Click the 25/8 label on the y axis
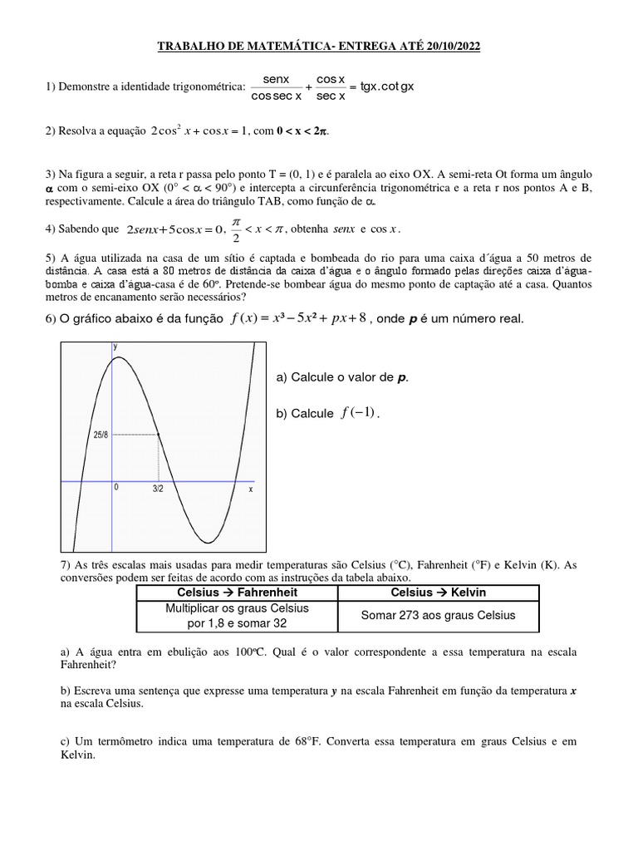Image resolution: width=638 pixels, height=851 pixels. tap(100, 435)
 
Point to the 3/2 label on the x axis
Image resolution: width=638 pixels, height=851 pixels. tap(158, 489)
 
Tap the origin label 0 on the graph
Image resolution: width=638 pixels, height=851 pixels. tap(117, 489)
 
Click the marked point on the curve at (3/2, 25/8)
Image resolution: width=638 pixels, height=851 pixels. tap(159, 435)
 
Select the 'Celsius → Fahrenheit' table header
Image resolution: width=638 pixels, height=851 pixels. tap(237, 593)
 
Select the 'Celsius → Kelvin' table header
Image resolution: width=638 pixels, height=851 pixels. tap(438, 593)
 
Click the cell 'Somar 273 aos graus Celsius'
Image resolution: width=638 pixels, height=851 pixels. tap(438, 616)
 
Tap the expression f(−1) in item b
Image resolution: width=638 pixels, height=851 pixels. tap(358, 414)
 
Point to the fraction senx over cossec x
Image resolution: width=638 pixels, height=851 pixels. tap(276, 87)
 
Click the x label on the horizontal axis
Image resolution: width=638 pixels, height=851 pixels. tap(250, 489)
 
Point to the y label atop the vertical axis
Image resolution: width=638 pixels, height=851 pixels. tap(115, 345)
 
